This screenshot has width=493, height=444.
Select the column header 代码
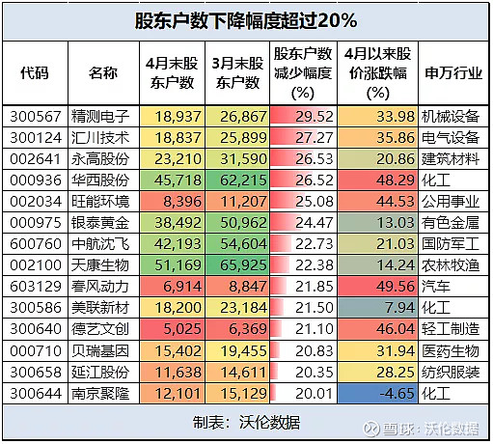35,73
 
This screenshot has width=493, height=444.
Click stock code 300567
35,116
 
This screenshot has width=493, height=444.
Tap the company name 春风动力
102,290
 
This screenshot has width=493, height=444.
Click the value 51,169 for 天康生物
170,266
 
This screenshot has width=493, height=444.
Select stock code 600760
35,245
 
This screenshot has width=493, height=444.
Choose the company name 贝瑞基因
102,351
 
